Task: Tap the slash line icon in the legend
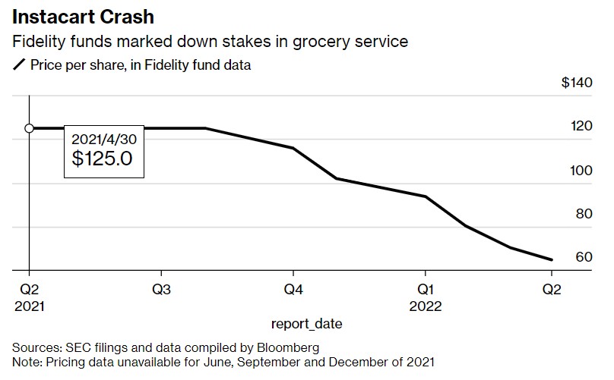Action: coord(19,65)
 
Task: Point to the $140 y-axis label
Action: coord(576,83)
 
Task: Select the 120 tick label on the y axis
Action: coord(584,127)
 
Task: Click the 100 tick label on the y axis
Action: coord(584,171)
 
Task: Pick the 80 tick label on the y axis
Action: coord(584,215)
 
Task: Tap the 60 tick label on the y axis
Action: coord(584,258)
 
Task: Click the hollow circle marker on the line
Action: coord(29,128)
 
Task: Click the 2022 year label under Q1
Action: coord(425,306)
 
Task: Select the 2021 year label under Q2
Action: coord(29,306)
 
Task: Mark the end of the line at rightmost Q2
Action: coord(551,259)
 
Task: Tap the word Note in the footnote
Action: coord(27,362)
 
